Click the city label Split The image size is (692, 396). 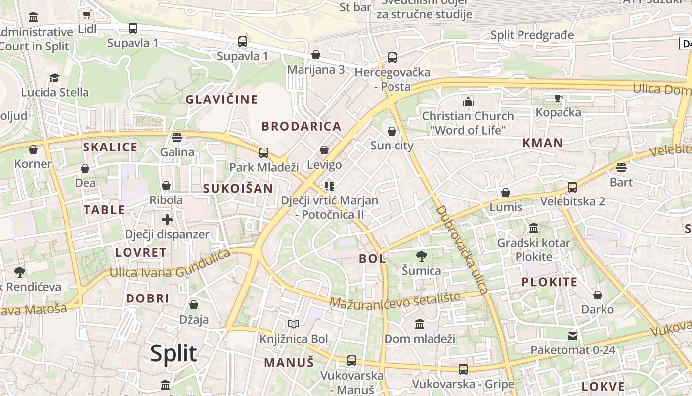coord(173,353)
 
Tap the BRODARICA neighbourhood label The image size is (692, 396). coord(302,126)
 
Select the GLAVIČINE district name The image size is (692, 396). coord(221,99)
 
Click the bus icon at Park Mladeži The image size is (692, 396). coord(264,152)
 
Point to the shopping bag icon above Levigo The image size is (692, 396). coord(324,149)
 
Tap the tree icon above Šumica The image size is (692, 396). coord(421,256)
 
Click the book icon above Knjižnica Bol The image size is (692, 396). coord(294,324)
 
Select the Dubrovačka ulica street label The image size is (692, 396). coord(462,249)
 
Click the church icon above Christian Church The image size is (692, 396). coord(468,101)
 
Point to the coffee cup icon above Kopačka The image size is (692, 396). coord(559,98)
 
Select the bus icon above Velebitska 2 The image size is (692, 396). coord(572,187)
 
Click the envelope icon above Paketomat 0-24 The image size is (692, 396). coord(572,336)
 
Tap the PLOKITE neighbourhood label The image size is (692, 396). coord(550,282)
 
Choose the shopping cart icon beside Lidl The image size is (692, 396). coord(87,15)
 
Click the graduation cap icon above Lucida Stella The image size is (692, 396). coord(54,78)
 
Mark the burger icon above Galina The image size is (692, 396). coord(177,137)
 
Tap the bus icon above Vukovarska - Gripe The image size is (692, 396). coord(463,369)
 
